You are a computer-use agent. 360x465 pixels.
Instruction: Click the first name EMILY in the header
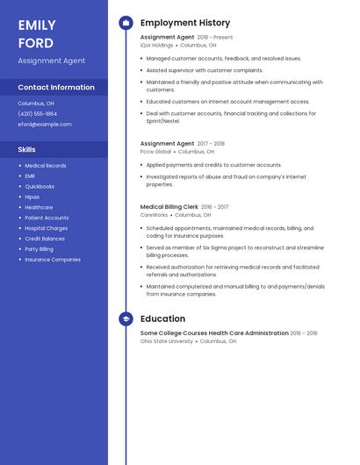[x=37, y=25]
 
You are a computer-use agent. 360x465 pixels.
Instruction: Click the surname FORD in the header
[x=35, y=43]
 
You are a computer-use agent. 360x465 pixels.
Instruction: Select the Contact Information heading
[x=56, y=88]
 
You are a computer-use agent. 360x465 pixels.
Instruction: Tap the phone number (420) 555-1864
[x=38, y=114]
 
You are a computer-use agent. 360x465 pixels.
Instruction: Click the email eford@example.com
[x=45, y=125]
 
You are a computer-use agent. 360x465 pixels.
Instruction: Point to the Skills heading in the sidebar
[x=27, y=150]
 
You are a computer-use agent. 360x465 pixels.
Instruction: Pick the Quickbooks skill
[x=40, y=187]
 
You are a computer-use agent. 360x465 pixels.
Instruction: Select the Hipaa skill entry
[x=32, y=197]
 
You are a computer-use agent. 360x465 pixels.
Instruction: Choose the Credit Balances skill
[x=45, y=239]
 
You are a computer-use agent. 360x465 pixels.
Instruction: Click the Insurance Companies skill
[x=53, y=260]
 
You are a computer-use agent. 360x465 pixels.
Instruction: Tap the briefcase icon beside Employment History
[x=126, y=23]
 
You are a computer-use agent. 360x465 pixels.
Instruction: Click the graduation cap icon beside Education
[x=126, y=319]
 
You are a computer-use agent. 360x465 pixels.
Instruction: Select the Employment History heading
[x=185, y=23]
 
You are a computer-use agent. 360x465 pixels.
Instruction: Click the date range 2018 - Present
[x=215, y=38]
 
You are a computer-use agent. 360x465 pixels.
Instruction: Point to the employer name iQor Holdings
[x=156, y=46]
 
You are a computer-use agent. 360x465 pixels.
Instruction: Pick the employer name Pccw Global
[x=155, y=152]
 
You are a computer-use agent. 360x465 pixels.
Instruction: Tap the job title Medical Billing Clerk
[x=169, y=207]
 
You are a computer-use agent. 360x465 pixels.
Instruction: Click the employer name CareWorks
[x=154, y=215]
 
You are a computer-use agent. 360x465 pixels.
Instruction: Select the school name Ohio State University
[x=167, y=341]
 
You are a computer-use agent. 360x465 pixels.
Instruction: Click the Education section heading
[x=162, y=319]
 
